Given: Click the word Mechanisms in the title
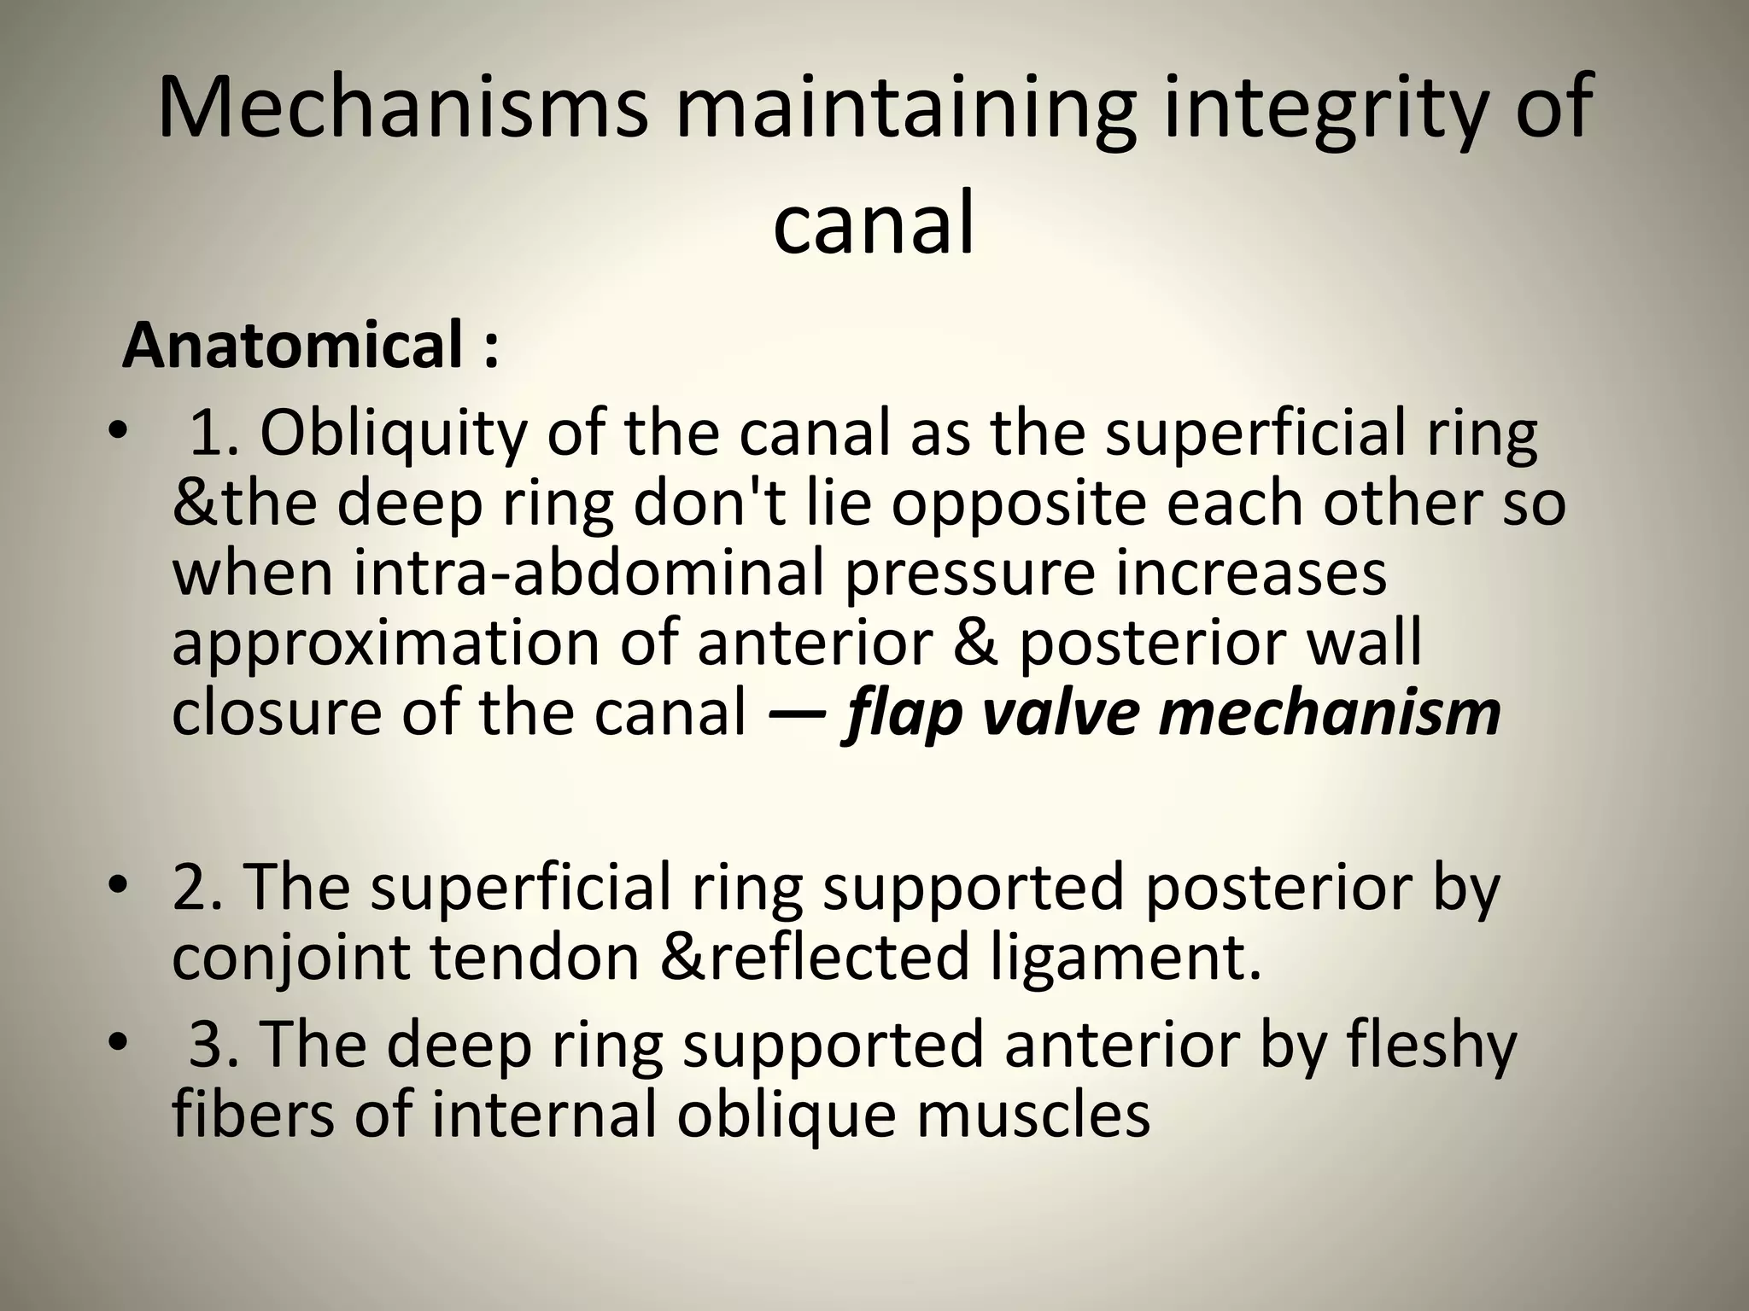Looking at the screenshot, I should (401, 108).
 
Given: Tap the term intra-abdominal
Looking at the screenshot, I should (589, 574).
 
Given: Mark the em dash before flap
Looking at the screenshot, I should (796, 713).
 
